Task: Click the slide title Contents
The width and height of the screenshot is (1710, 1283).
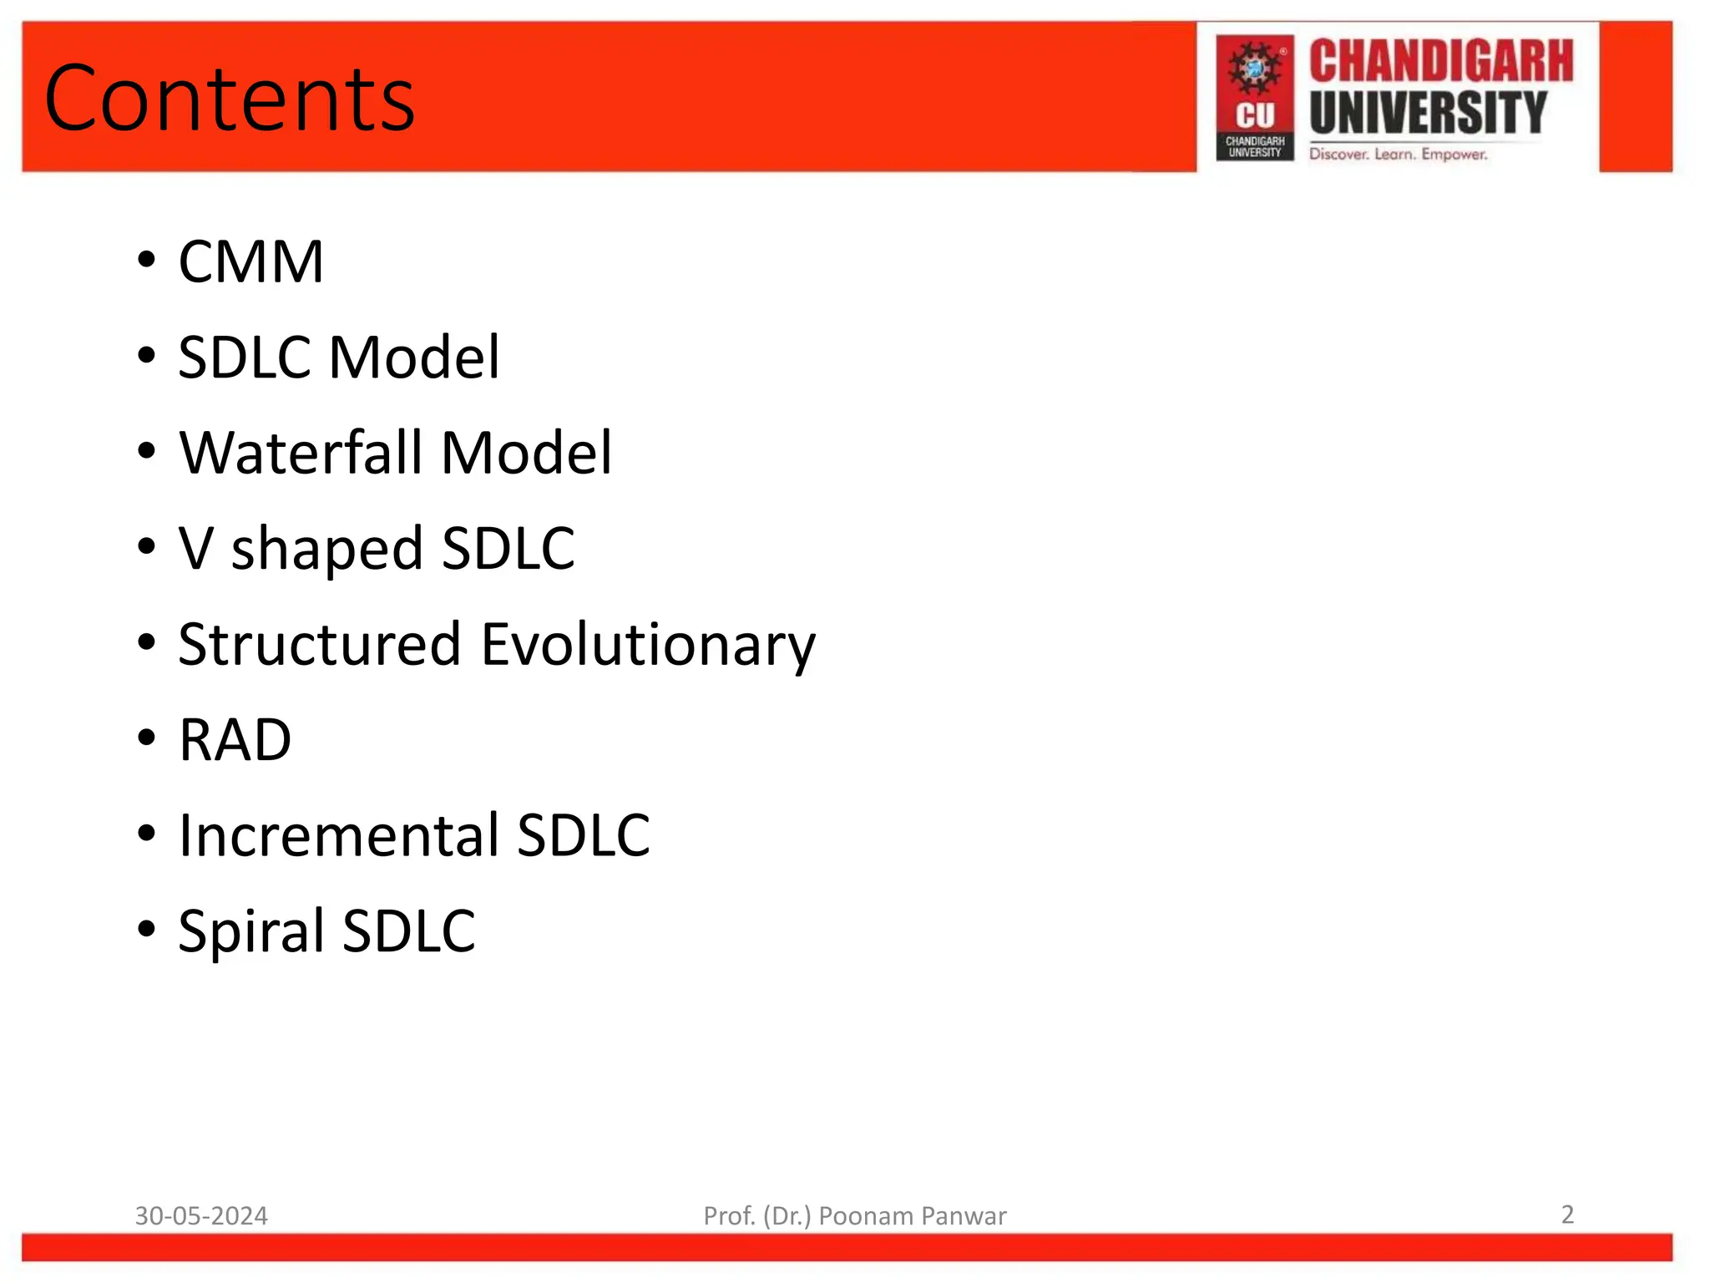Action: tap(230, 99)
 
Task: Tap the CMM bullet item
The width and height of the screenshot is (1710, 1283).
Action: tap(250, 262)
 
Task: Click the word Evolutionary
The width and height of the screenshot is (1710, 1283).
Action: tap(649, 646)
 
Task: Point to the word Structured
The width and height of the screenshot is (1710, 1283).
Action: tap(320, 645)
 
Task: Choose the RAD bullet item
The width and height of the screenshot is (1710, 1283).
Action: tap(235, 740)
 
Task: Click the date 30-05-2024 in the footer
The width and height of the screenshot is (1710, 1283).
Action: tap(201, 1215)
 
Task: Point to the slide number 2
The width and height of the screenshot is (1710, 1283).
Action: tap(1567, 1214)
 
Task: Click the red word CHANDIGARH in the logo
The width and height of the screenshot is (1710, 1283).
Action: tap(1440, 62)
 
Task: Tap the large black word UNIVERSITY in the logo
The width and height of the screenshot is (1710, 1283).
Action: tap(1428, 113)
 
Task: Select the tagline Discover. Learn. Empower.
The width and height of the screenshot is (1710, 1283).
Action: tap(1398, 155)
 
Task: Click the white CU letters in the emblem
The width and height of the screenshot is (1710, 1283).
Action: tap(1255, 115)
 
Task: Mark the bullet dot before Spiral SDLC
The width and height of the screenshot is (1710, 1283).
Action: tap(147, 928)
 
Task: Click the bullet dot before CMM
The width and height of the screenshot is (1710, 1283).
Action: tap(147, 260)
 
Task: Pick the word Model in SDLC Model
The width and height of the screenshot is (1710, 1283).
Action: tap(414, 358)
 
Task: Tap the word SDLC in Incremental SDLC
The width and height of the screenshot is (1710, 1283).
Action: tap(583, 835)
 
